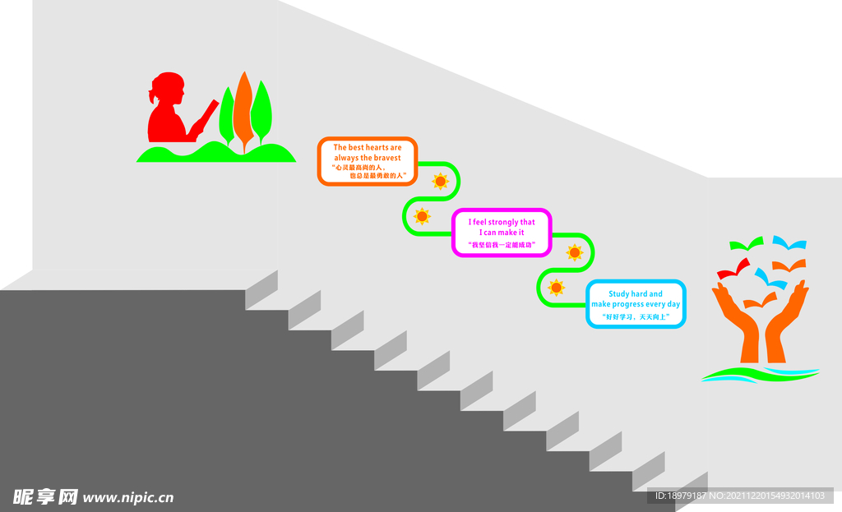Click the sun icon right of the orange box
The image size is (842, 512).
441,182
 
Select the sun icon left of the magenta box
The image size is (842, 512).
422,216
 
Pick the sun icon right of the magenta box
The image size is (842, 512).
575,252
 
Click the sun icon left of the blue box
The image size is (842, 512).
557,288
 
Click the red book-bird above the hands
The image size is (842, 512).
733,269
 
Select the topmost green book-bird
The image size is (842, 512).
747,243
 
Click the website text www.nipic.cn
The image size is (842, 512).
127,497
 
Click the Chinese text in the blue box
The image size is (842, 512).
636,317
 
